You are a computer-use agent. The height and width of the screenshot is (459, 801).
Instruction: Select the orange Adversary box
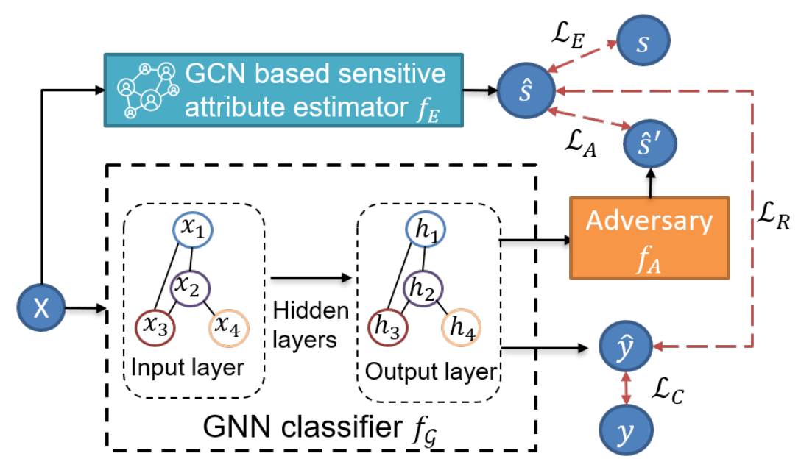(649, 237)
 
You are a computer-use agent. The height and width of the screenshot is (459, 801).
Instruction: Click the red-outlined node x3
(155, 325)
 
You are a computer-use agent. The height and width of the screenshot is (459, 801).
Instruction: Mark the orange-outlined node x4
(230, 325)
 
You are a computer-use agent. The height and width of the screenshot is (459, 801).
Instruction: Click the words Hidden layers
(310, 324)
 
